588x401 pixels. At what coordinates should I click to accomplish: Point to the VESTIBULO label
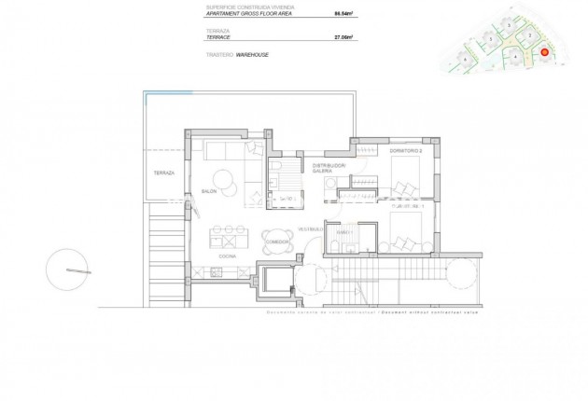pyautogui.click(x=310, y=228)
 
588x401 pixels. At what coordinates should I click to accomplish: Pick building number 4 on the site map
pyautogui.click(x=515, y=56)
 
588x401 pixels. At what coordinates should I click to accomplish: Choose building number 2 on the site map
pyautogui.click(x=529, y=35)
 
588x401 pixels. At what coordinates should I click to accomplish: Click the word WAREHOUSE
pyautogui.click(x=254, y=55)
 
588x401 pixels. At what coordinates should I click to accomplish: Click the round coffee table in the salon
pyautogui.click(x=225, y=179)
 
